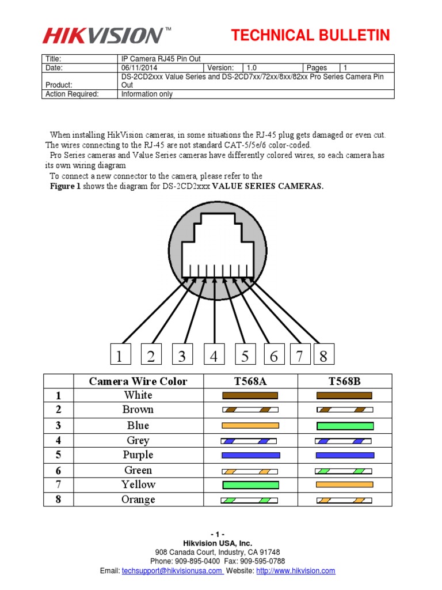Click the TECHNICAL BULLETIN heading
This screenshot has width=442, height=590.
(x=311, y=36)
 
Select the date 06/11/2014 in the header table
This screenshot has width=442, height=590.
(x=138, y=68)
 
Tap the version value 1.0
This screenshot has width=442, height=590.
(x=252, y=68)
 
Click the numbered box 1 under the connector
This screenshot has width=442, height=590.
(x=119, y=356)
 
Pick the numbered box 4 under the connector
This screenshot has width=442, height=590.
(x=214, y=356)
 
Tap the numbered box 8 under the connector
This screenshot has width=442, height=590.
(x=323, y=356)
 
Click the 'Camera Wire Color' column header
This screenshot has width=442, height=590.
(x=138, y=381)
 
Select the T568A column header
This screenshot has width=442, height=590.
(x=250, y=381)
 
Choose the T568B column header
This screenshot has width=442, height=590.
(x=345, y=381)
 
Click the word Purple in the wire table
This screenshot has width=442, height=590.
(x=138, y=455)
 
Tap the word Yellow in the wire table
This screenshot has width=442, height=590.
(x=138, y=485)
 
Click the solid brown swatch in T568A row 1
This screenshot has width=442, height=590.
(x=250, y=396)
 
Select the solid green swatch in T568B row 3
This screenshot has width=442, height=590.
(x=345, y=426)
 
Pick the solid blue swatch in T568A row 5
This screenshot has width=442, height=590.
(x=250, y=455)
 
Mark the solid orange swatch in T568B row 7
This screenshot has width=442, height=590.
(x=345, y=485)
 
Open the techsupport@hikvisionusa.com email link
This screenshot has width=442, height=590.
(x=172, y=571)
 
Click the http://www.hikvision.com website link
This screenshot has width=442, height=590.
(x=295, y=571)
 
